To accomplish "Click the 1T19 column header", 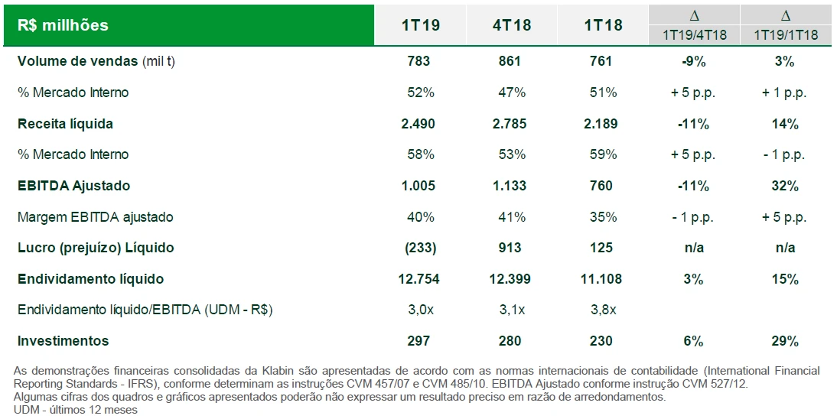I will tap(420, 25).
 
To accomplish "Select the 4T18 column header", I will tap(511, 25).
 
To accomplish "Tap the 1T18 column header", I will tap(602, 25).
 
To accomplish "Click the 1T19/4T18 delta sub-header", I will tap(694, 35).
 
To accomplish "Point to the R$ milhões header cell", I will tap(63, 25).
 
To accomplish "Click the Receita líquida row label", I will tap(65, 124).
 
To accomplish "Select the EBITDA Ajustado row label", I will tap(73, 186).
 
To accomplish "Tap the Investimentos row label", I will tap(63, 341).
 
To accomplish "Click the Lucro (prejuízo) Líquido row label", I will tap(96, 248).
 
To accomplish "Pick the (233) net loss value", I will tap(419, 248).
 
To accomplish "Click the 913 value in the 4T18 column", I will tap(510, 248).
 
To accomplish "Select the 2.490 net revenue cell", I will tap(419, 124).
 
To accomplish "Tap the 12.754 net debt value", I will tap(419, 279).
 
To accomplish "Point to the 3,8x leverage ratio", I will tap(602, 310).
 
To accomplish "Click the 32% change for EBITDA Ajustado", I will tap(785, 186).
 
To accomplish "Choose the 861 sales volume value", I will tap(510, 61).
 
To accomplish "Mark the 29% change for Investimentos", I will tap(785, 341).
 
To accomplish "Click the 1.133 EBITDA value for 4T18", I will tap(510, 186).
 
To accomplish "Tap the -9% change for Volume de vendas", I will tap(694, 61).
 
